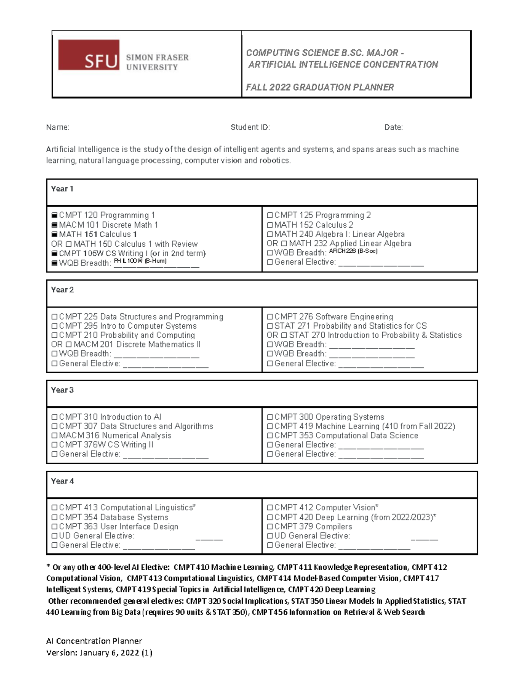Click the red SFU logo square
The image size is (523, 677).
(88, 55)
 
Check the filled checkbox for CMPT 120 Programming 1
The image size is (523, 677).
(54, 215)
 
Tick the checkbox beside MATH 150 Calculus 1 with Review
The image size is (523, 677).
(68, 244)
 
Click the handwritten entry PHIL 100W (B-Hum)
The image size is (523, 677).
(140, 261)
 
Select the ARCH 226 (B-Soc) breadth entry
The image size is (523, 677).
(353, 251)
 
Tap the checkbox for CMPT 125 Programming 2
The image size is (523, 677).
(270, 215)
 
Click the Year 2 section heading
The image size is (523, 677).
(62, 290)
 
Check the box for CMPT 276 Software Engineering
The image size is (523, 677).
(270, 317)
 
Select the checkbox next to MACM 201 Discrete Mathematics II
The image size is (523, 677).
(68, 344)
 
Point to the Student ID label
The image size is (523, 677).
(250, 127)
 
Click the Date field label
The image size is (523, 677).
(393, 127)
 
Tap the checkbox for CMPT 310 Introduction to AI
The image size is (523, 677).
(54, 417)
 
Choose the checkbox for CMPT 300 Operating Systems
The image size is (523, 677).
(270, 417)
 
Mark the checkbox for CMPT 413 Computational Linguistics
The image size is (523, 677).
(54, 508)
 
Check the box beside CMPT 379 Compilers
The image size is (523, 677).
(270, 527)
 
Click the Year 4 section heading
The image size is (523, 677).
(62, 481)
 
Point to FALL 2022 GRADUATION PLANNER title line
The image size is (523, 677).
(320, 87)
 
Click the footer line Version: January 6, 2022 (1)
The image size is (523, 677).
(99, 653)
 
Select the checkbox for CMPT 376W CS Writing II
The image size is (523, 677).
(54, 445)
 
